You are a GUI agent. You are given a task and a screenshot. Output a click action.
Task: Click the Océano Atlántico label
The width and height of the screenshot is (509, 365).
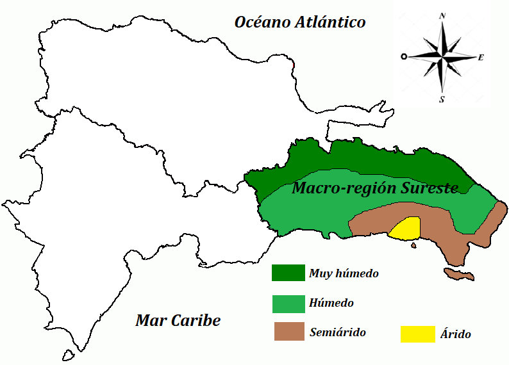300,22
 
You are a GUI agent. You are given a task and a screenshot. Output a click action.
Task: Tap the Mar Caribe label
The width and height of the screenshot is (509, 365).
178,321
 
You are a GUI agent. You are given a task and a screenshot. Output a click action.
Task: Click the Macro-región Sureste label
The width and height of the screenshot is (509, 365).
375,188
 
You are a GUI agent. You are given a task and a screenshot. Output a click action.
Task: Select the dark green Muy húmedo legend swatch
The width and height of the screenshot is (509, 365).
288,272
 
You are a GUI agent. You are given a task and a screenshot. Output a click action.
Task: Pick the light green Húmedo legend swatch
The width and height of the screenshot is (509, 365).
288,303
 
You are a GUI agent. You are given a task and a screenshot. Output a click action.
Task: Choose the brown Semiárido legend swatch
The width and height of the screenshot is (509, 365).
288,332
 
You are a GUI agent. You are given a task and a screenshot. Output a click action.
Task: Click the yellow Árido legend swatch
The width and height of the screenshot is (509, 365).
417,334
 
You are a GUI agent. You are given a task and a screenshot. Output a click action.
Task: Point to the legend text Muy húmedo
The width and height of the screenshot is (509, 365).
344,273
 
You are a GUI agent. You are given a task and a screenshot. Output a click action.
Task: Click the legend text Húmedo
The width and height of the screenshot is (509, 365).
331,303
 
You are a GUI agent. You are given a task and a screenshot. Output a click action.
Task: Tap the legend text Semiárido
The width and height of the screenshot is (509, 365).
337,332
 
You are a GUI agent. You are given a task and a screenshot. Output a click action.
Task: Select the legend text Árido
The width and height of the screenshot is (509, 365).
456,334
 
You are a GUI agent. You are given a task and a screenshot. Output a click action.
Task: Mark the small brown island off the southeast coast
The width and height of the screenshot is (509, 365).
459,275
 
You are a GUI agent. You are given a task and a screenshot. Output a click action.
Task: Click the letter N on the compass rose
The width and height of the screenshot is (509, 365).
442,16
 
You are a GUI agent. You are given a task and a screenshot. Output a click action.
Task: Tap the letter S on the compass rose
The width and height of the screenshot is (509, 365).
442,99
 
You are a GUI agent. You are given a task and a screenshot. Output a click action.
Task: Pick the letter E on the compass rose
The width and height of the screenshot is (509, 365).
481,57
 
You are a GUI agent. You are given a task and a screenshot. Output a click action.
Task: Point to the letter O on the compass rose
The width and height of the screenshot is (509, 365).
403,57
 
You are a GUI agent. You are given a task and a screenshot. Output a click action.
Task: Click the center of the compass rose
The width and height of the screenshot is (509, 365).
442,57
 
